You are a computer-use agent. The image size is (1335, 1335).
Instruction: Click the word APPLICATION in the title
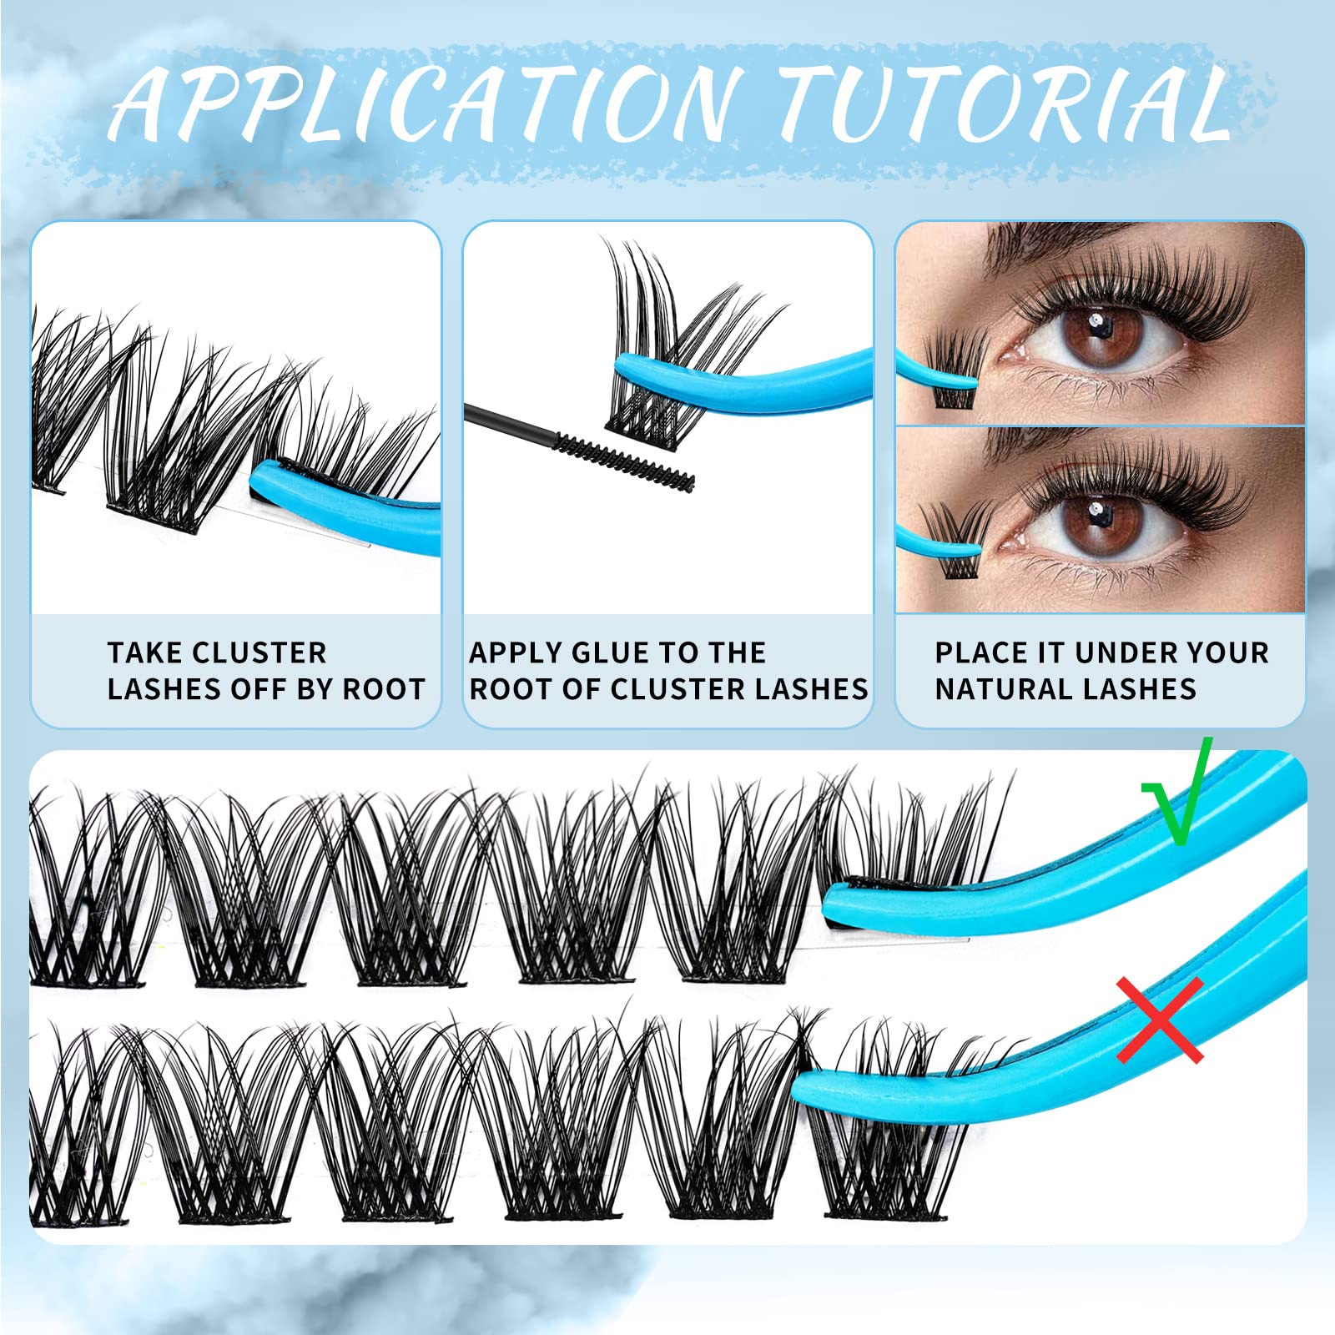pyautogui.click(x=426, y=104)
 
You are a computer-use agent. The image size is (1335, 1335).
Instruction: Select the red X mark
pyautogui.click(x=1161, y=1020)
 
